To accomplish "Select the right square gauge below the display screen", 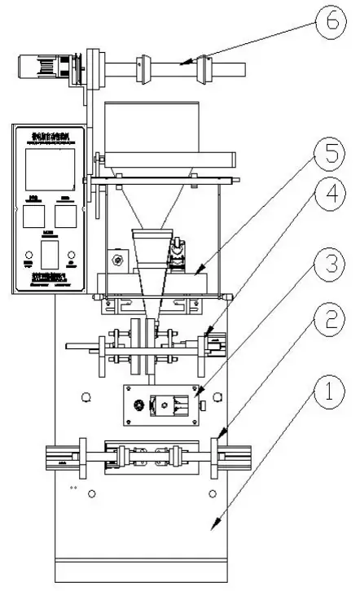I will point(66,216).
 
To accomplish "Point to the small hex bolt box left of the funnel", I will point(118,260).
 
